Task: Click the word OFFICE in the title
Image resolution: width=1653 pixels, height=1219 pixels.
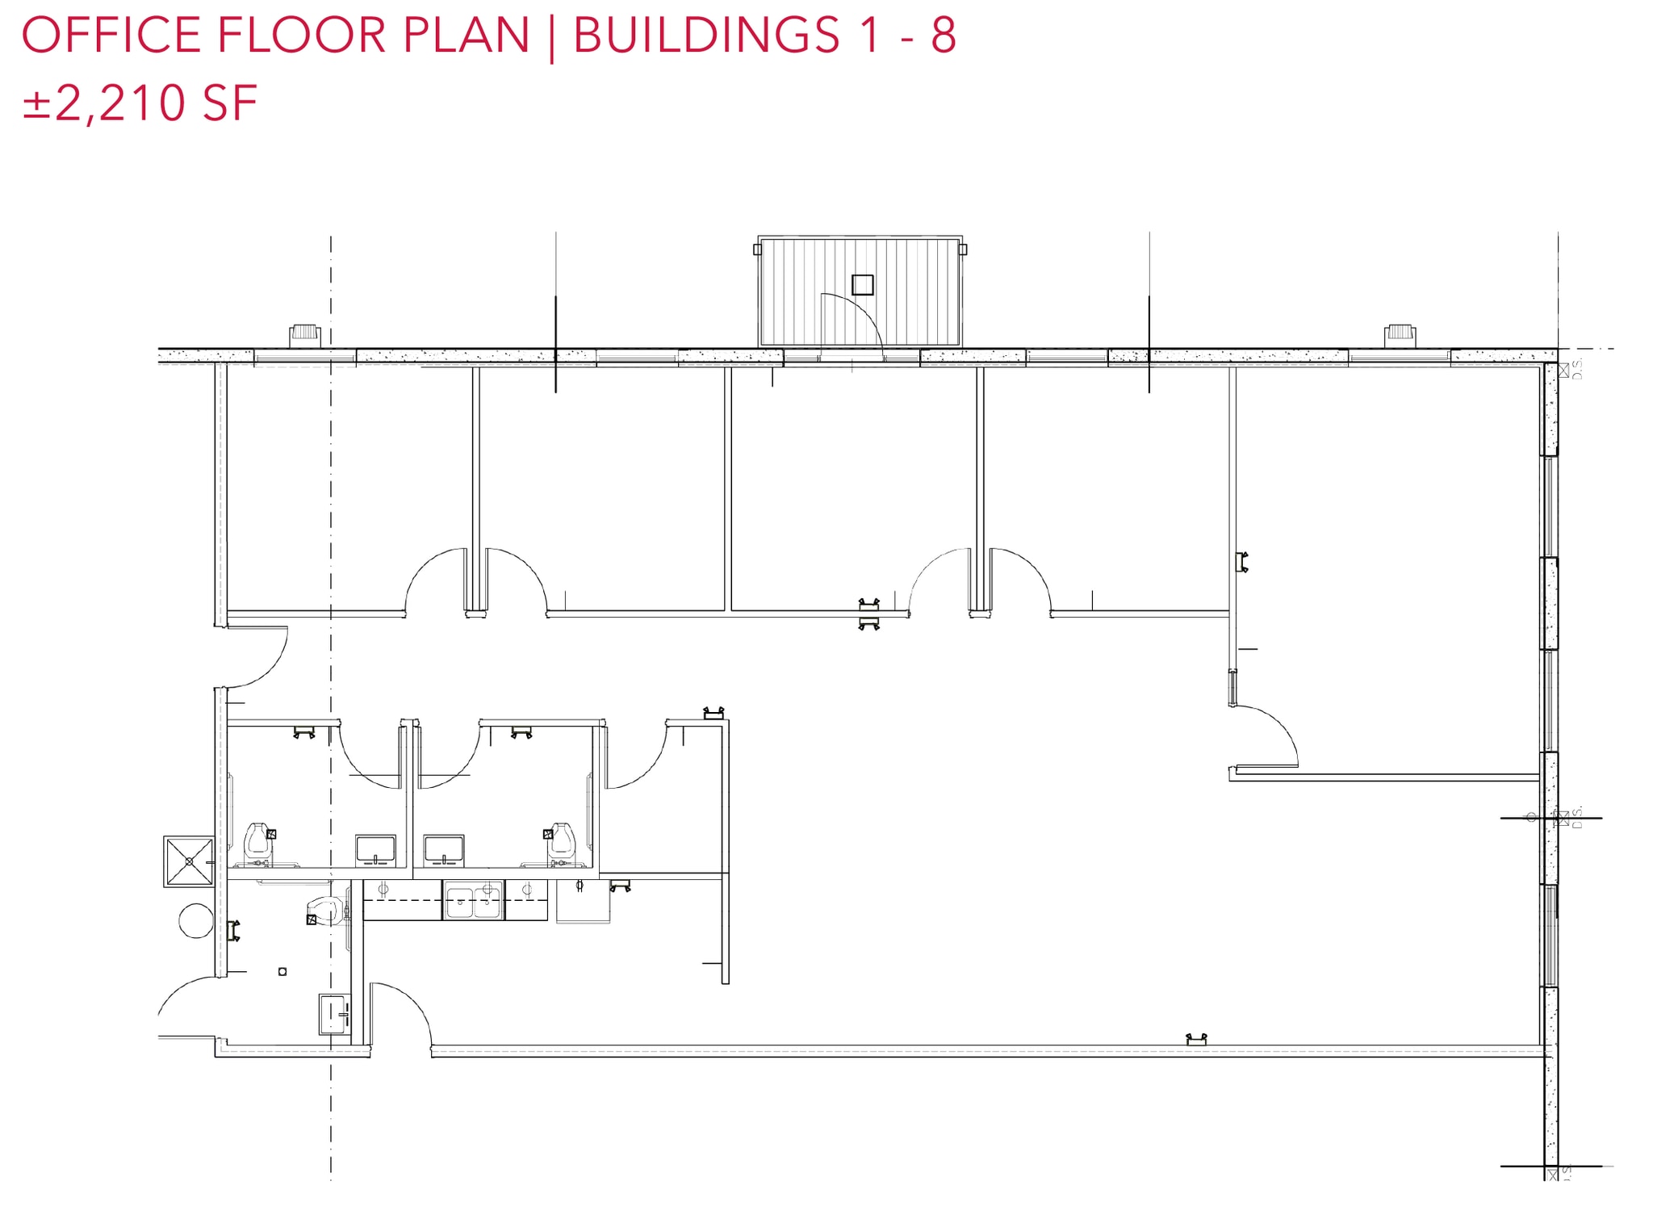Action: pos(111,35)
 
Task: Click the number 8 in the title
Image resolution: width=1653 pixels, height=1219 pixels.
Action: pos(943,35)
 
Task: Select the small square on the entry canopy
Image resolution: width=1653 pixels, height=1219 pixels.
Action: pos(862,285)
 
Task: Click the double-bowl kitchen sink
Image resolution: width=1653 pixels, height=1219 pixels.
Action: pos(474,900)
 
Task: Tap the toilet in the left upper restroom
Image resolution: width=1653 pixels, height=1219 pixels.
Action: pos(257,840)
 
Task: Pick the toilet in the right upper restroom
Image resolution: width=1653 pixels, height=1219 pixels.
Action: pos(560,840)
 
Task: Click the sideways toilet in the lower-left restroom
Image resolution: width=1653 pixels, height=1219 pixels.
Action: pos(324,911)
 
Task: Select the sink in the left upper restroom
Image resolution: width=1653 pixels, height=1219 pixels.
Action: pos(375,850)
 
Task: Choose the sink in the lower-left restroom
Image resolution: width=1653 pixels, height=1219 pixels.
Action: pos(335,1015)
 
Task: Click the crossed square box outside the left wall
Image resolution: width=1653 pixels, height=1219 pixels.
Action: pos(189,861)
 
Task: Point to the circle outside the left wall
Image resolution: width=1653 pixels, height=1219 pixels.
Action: pos(195,920)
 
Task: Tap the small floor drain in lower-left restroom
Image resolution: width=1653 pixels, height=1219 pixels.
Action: pos(282,971)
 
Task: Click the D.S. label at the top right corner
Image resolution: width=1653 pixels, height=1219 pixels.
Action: pos(1578,371)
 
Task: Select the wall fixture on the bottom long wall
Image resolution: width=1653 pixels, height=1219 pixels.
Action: pos(1196,1040)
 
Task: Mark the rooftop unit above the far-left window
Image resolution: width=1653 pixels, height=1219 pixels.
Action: pos(305,334)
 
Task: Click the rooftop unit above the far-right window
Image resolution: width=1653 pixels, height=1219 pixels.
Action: pos(1400,334)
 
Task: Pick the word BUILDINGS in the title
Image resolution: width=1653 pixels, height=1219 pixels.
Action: pos(706,35)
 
